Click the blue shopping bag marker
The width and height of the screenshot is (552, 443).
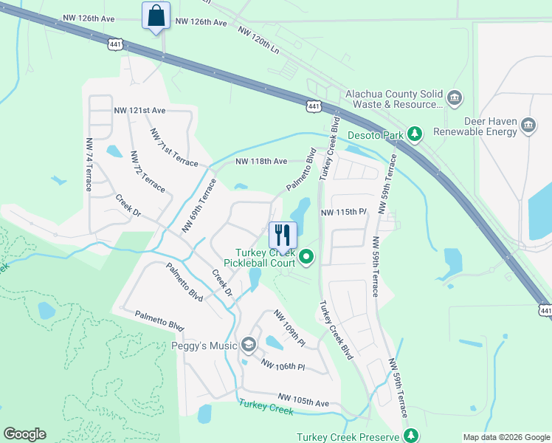click(x=156, y=16)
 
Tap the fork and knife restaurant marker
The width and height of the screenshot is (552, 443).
click(x=283, y=236)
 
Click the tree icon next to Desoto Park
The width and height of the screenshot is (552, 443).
click(x=415, y=134)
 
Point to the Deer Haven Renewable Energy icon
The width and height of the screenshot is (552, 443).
click(x=528, y=125)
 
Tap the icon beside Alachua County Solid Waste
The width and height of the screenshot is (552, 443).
click(x=454, y=97)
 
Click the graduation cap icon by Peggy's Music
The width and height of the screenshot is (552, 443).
click(x=249, y=345)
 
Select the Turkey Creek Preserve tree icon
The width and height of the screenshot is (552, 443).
click(x=411, y=437)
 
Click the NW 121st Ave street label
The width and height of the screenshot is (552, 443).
click(x=139, y=110)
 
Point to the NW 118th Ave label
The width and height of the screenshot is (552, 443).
click(x=261, y=161)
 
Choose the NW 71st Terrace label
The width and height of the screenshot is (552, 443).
click(x=173, y=148)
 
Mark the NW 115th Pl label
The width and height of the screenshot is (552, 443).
click(x=343, y=212)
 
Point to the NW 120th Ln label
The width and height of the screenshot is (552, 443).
click(x=258, y=39)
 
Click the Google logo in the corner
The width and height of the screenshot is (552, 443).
click(x=24, y=434)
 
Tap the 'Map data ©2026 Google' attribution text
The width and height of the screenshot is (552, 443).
click(x=506, y=437)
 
